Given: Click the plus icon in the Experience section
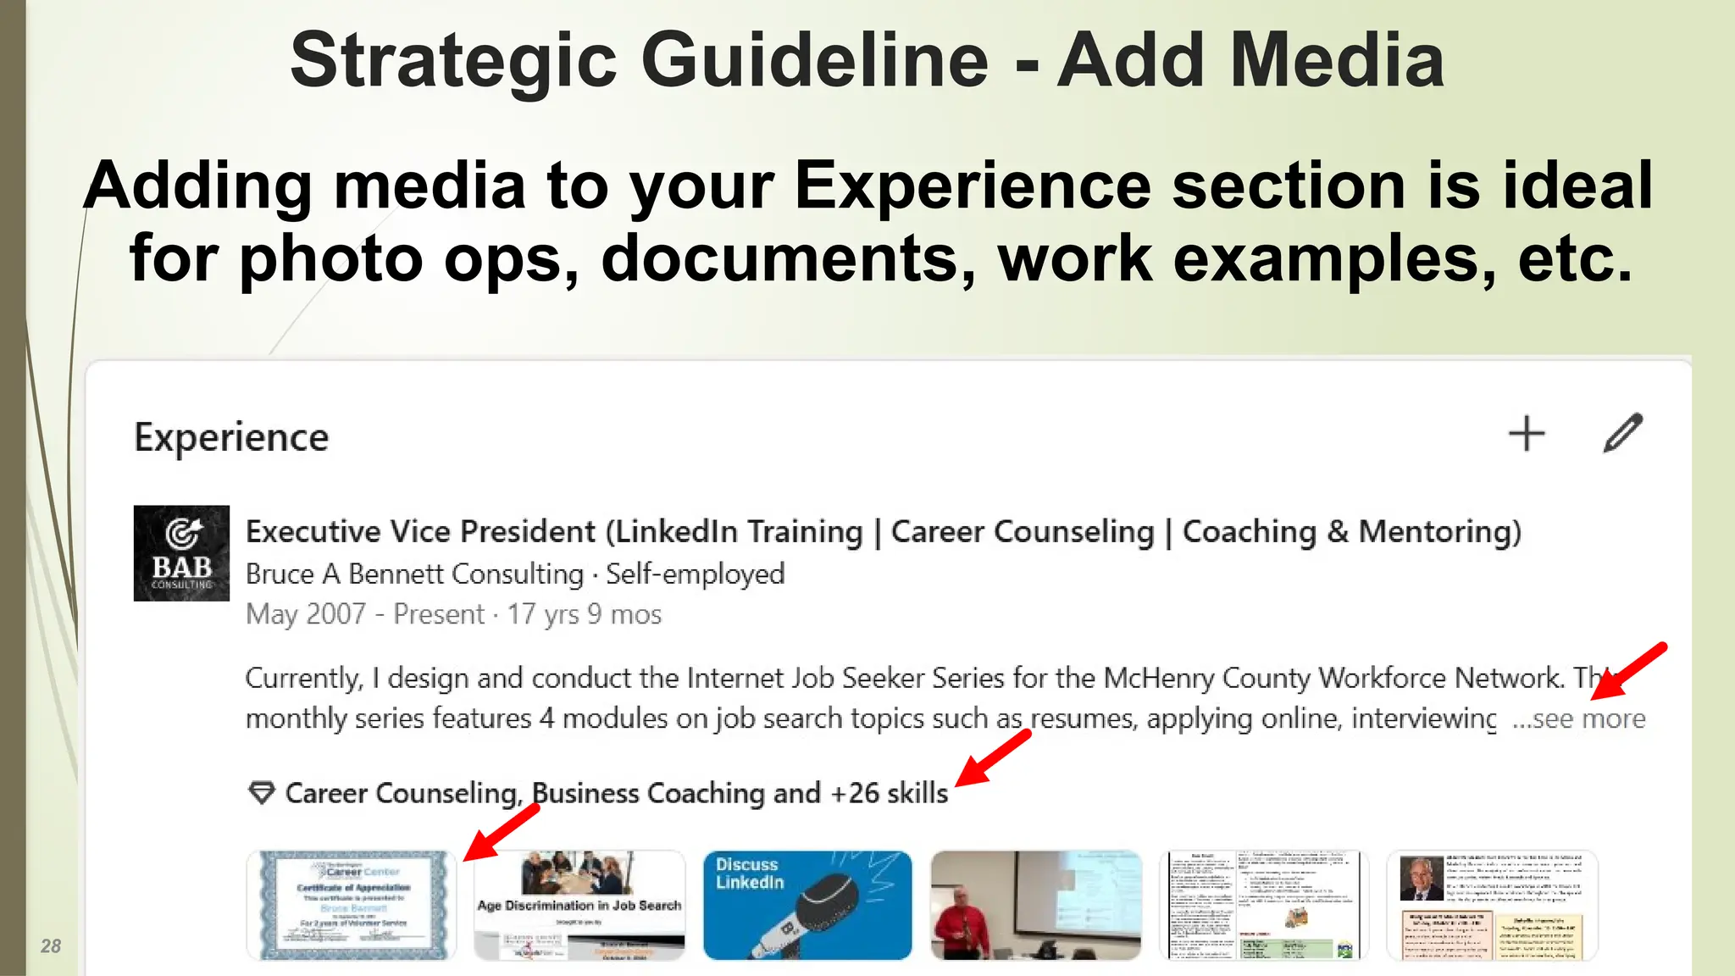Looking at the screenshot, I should click(x=1527, y=434).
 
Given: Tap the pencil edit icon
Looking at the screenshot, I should click(x=1623, y=433).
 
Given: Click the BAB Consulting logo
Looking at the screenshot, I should click(x=181, y=553).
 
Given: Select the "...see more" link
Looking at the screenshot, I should click(x=1579, y=718).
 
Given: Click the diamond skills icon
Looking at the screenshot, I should click(x=262, y=793).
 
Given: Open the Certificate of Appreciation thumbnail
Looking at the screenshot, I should click(x=352, y=905).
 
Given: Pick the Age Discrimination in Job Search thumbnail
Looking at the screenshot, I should click(x=579, y=905).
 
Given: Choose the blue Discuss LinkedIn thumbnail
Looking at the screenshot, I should click(x=807, y=905).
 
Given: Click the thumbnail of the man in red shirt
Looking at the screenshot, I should click(x=1035, y=905).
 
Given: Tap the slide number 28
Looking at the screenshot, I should click(x=51, y=945).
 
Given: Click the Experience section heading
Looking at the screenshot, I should click(x=231, y=437).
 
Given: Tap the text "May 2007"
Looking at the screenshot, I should click(x=306, y=613).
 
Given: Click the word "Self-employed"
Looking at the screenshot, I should click(x=696, y=574).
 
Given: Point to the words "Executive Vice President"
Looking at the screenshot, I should click(x=420, y=531).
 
